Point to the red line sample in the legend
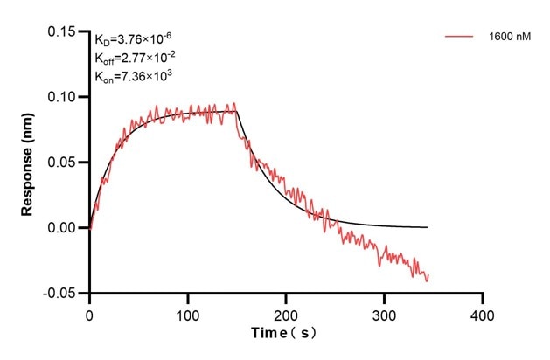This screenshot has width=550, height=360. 460,37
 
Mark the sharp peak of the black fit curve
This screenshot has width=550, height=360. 237,111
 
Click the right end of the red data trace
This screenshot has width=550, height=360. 428,275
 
